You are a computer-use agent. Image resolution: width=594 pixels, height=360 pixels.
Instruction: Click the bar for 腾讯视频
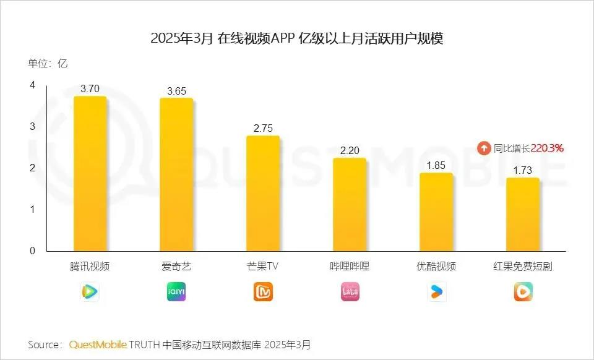point(90,173)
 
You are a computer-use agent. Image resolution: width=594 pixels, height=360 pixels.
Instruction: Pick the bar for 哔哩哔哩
point(350,204)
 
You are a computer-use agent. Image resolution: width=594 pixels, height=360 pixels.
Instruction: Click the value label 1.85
point(436,166)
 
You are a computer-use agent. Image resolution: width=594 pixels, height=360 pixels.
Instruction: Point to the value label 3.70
point(90,89)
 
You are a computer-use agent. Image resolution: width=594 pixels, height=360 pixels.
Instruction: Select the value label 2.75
point(263,129)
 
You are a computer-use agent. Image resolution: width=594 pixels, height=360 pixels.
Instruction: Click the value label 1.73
point(523,171)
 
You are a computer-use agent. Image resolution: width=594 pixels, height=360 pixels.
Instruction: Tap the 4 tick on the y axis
point(32,85)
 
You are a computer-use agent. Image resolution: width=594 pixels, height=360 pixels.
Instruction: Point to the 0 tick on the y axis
point(32,251)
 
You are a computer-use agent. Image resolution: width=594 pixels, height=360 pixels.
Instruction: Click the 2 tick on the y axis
point(32,168)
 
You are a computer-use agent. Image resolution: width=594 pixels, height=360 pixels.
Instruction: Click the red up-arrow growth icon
point(483,148)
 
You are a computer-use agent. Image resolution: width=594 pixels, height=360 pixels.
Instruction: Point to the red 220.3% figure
point(547,148)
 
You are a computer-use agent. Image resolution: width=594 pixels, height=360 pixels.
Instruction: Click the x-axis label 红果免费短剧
point(523,267)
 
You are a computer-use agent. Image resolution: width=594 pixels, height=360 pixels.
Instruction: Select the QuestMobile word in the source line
point(98,344)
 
